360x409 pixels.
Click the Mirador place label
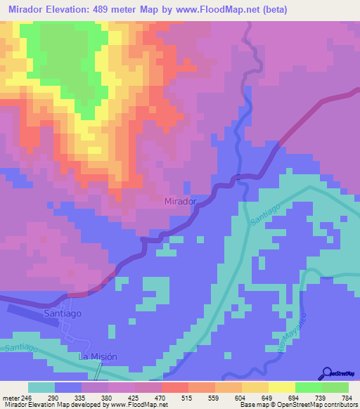point(179,201)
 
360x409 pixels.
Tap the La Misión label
point(97,357)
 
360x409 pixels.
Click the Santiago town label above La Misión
point(63,313)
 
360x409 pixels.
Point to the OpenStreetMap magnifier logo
point(326,372)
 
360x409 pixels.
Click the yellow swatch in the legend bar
point(281,387)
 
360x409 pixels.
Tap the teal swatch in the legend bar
point(41,387)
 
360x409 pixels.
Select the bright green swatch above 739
point(308,387)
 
